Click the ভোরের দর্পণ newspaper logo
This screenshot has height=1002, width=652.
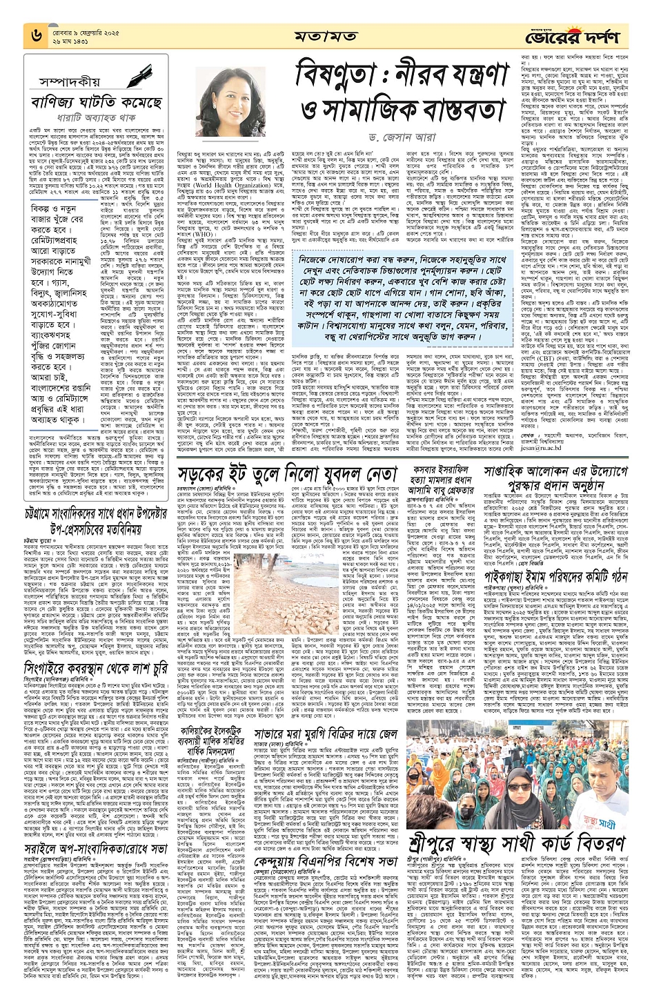point(583,35)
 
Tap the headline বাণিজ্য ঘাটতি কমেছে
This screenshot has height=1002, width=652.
point(96,104)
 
